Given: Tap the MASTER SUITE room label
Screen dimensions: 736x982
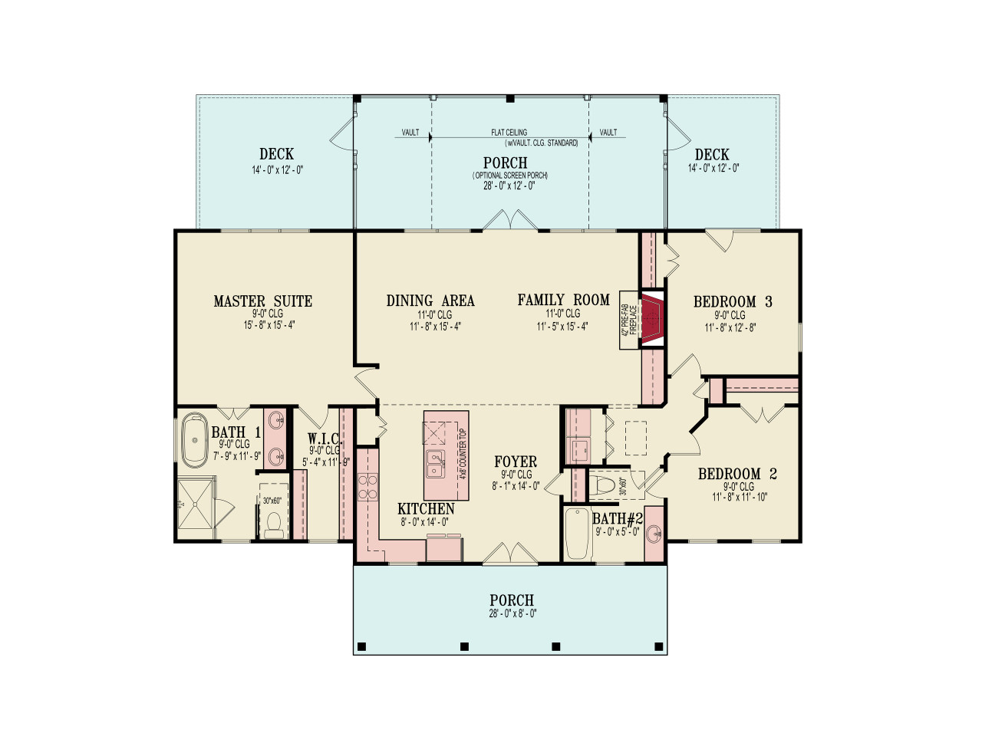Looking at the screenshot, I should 262,301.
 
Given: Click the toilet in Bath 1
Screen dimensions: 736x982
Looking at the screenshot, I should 273,521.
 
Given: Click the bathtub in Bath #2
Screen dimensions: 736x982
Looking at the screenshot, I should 577,534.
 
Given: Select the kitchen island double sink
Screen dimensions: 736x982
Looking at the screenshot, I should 436,464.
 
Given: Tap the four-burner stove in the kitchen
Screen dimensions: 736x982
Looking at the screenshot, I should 368,487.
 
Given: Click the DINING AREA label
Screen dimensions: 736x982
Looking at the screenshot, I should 430,301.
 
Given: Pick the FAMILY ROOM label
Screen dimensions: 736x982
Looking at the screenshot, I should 563,301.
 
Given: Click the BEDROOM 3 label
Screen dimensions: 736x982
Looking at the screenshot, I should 732,302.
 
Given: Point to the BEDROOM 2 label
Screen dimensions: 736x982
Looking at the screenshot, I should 736,475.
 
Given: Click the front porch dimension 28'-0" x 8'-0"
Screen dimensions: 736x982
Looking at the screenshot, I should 512,613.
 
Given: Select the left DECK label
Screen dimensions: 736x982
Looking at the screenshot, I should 276,154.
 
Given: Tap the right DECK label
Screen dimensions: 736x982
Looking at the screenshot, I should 712,155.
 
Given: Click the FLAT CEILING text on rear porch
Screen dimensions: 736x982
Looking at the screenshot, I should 509,133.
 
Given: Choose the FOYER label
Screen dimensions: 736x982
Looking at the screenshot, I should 516,462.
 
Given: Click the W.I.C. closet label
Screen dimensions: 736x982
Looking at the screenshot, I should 325,439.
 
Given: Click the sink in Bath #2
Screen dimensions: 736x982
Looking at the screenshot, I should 653,533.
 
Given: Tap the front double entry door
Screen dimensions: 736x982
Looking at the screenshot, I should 509,555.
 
